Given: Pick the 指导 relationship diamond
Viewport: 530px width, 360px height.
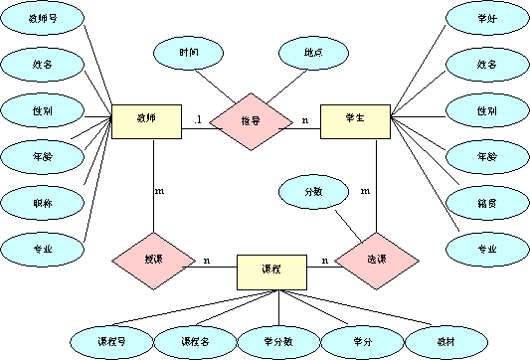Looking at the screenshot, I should coord(250,121).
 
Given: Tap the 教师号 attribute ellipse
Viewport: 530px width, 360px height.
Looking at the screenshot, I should coord(41,19).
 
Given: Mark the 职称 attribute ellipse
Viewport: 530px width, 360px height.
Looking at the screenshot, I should coord(41,202).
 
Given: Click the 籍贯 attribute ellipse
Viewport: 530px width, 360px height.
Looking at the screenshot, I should coord(485,202).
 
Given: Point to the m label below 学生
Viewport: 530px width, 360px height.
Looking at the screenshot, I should coord(365,188).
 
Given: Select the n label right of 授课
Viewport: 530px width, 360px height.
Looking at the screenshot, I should coord(206,262).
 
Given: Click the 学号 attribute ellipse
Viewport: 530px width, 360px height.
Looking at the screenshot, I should coord(485,19).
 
